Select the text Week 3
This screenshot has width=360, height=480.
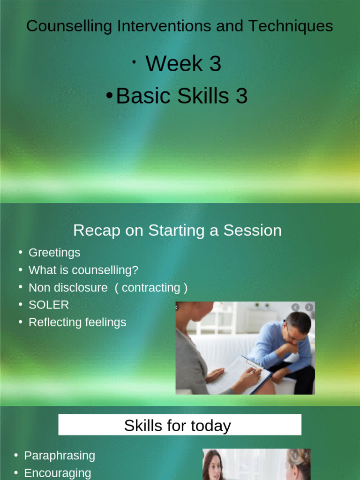coord(183,64)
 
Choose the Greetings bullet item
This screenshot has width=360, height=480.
coord(54,253)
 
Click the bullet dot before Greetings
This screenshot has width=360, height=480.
coord(21,252)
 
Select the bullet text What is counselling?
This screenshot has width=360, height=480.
coord(83,270)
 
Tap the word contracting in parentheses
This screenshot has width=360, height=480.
coord(151,288)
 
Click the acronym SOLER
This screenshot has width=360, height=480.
coord(49,305)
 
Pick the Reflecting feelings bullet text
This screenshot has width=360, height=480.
coord(77,322)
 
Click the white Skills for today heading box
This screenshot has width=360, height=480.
coord(180,425)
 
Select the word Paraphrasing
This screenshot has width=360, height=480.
coord(60,456)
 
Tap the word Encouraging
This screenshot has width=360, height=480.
coord(58,473)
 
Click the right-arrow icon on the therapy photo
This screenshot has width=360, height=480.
coord(309,307)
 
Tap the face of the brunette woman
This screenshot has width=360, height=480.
coord(214,467)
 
